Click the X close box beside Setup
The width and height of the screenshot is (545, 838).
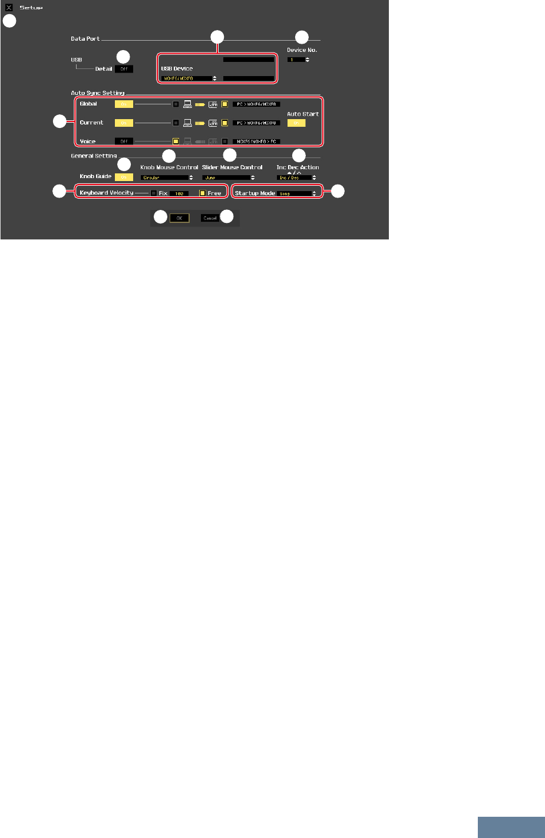[9, 8]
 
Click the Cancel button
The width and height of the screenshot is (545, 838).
[210, 218]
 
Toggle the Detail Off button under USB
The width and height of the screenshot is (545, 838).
[124, 69]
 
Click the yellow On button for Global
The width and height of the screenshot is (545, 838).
[124, 104]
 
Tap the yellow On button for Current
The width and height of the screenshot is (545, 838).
[124, 123]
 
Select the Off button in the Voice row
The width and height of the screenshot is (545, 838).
[124, 142]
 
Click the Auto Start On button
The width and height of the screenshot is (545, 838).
[296, 123]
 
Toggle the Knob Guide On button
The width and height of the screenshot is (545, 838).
[124, 177]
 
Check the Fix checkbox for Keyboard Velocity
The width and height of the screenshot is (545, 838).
[154, 193]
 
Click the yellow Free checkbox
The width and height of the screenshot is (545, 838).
[202, 193]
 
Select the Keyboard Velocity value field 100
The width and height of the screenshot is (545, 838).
[179, 193]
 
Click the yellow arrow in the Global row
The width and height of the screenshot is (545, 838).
[200, 104]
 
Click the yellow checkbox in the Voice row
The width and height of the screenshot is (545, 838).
[176, 142]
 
